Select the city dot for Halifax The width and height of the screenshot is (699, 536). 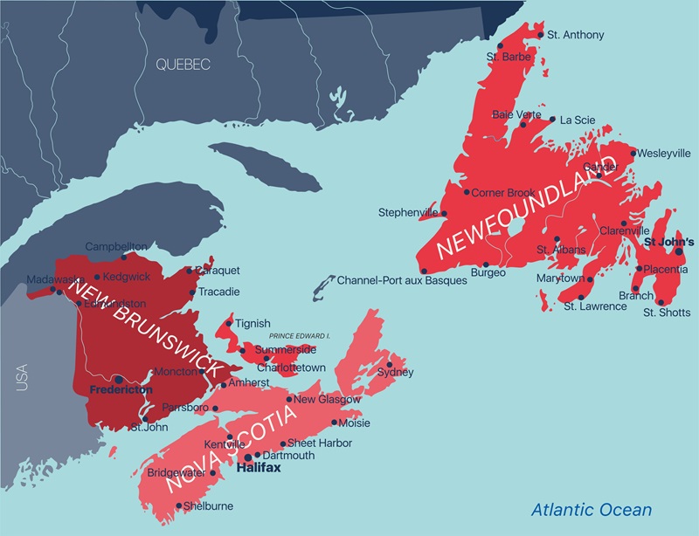click(248, 457)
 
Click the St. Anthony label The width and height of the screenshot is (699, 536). click(576, 35)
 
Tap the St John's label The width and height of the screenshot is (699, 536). click(668, 241)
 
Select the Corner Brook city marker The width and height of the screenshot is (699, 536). click(467, 192)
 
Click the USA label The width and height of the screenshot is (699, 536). click(22, 377)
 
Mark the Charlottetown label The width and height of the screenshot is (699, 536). click(291, 368)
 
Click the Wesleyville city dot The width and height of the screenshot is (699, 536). click(633, 154)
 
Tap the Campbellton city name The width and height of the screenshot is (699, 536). click(115, 246)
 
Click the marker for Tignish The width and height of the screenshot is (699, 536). click(230, 323)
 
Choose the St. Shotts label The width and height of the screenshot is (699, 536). click(667, 313)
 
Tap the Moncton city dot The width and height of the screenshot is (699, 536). click(202, 371)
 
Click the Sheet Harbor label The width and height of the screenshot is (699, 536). click(320, 443)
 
